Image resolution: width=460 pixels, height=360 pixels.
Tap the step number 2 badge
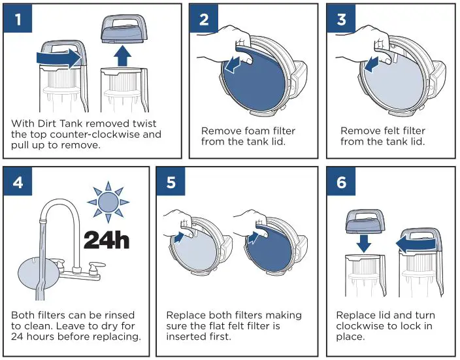(x=205, y=19)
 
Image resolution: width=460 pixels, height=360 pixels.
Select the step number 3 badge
(x=342, y=19)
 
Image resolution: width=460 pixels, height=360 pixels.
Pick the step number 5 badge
(x=171, y=182)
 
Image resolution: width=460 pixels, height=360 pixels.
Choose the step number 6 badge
(x=342, y=182)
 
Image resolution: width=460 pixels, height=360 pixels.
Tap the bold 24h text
(x=107, y=240)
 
